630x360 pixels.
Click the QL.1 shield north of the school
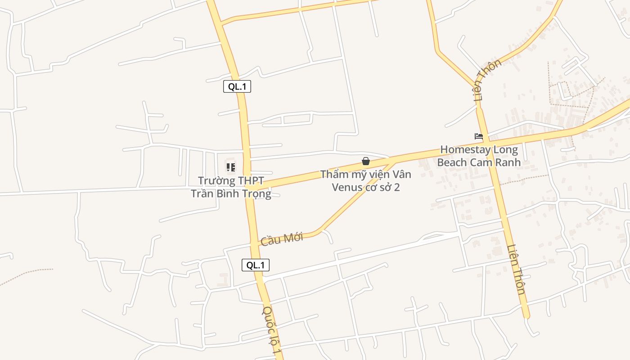tap(237, 86)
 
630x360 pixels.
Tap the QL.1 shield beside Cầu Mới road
tap(256, 265)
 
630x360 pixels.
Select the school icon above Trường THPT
tap(231, 167)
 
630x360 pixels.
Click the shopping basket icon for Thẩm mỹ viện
tap(366, 161)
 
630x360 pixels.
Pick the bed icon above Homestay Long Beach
tap(479, 136)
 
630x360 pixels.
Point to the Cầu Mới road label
tap(282, 239)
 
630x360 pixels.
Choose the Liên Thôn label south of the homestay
tap(516, 269)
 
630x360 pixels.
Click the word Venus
tap(346, 187)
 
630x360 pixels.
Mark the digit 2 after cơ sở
tap(396, 187)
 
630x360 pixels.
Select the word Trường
tap(217, 181)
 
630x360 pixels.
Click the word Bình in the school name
tap(228, 193)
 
